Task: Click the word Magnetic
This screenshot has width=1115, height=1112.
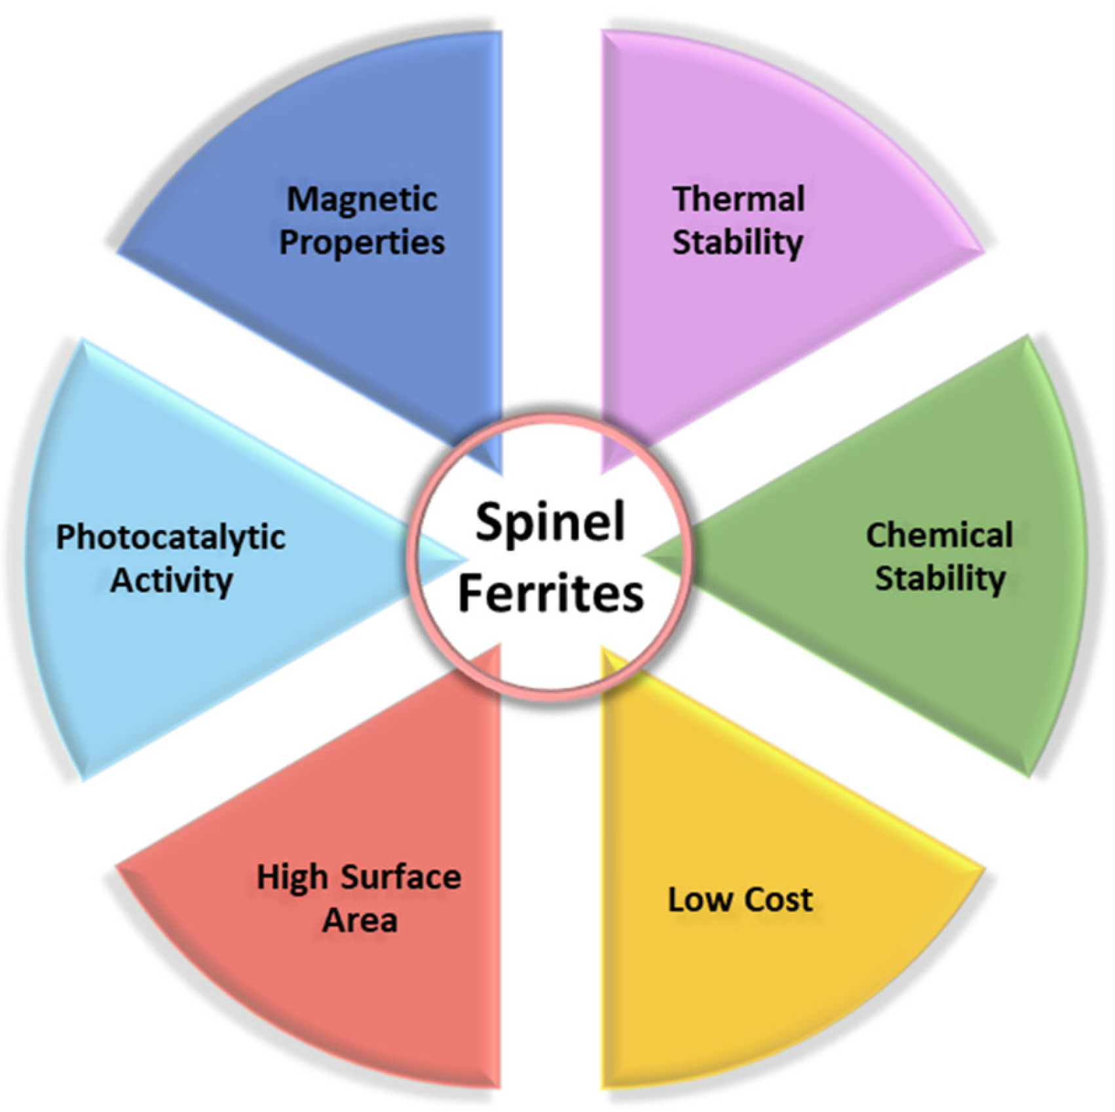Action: pyautogui.click(x=362, y=200)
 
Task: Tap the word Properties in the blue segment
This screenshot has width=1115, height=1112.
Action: pyautogui.click(x=362, y=243)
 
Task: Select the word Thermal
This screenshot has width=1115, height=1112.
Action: pyautogui.click(x=738, y=199)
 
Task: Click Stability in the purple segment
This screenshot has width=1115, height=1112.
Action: pyautogui.click(x=738, y=243)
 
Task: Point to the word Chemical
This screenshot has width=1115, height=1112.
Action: pyautogui.click(x=939, y=535)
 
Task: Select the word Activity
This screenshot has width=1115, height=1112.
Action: pyautogui.click(x=171, y=581)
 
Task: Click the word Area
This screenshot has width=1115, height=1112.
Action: pyautogui.click(x=360, y=921)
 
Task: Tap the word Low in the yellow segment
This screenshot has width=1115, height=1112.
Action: pyautogui.click(x=697, y=899)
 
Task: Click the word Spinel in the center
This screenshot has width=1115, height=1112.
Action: pyautogui.click(x=550, y=522)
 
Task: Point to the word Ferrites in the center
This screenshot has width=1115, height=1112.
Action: pyautogui.click(x=550, y=593)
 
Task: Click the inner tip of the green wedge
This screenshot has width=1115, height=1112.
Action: pyautogui.click(x=645, y=556)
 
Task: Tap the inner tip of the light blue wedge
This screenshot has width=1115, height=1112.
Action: pyautogui.click(x=465, y=559)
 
